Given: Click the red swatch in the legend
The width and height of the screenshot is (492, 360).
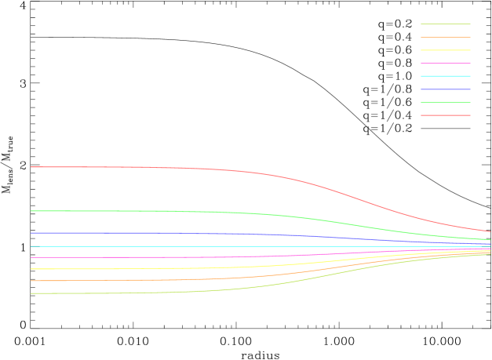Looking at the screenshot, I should (x=445, y=115).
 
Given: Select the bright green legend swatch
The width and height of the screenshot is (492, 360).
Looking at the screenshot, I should (x=445, y=103).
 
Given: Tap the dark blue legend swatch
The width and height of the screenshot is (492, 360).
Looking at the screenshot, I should (x=445, y=89).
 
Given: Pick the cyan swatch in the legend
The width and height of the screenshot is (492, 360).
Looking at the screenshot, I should (x=445, y=76).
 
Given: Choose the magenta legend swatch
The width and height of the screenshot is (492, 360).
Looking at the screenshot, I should (x=445, y=64).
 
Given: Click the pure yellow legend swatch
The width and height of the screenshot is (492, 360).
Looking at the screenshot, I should (x=445, y=50).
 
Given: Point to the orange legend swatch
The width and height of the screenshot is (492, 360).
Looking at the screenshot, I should (x=445, y=37).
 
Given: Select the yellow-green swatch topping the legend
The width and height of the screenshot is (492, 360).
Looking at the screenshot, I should (x=445, y=24).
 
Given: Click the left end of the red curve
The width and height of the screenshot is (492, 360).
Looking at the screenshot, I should (x=31, y=167).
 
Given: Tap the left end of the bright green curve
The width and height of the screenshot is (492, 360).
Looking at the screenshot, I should (x=31, y=211).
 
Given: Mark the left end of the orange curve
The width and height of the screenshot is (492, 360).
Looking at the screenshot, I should (x=31, y=281).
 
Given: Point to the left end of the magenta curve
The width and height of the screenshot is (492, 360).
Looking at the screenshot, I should (x=31, y=257).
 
